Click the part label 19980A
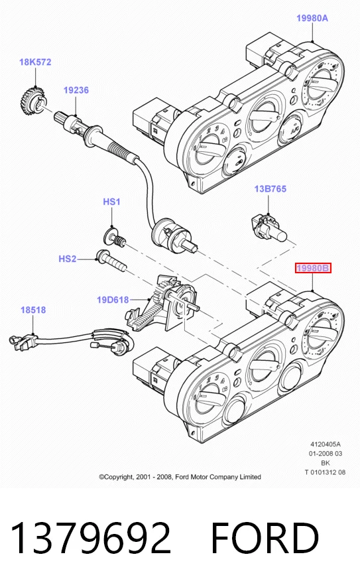[x=312, y=18]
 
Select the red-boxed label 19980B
[x=313, y=268]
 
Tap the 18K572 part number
[x=35, y=62]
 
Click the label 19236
[x=76, y=90]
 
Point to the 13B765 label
[x=270, y=188]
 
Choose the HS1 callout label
[x=111, y=202]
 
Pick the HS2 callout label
[x=68, y=259]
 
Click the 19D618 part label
[x=113, y=300]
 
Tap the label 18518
[x=33, y=310]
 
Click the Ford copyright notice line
[x=180, y=476]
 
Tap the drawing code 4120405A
[x=326, y=444]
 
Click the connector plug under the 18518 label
[x=23, y=342]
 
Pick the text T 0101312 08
[x=325, y=472]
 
